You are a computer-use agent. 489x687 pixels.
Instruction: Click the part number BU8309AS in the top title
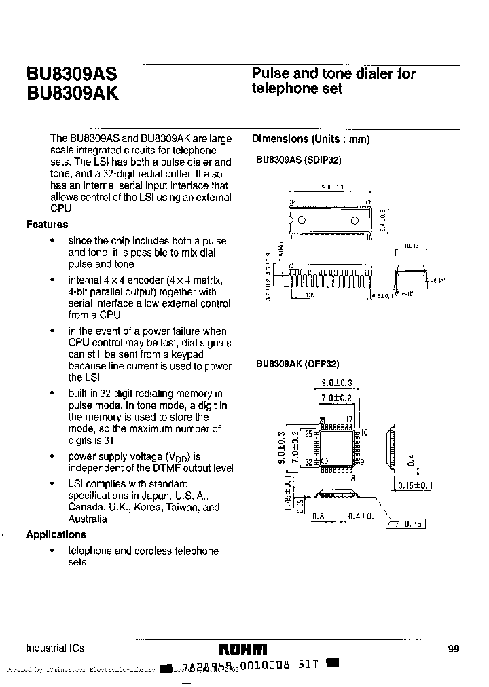click(71, 74)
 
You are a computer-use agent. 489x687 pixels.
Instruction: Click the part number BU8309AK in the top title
click(72, 93)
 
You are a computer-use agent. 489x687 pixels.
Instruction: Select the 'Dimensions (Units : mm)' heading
click(310, 139)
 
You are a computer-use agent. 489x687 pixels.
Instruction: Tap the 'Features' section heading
click(47, 225)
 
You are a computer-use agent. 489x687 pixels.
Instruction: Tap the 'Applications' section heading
click(56, 534)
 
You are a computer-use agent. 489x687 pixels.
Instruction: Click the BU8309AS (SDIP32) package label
click(298, 161)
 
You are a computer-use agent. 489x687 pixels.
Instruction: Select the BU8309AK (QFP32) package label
click(297, 365)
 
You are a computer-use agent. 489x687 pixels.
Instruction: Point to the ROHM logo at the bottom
click(242, 648)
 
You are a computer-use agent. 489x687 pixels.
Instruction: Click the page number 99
click(454, 649)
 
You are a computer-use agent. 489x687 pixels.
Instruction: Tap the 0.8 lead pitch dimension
click(316, 517)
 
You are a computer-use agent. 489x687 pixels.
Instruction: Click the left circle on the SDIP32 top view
click(302, 220)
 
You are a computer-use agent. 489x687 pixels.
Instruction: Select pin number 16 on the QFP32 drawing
click(364, 432)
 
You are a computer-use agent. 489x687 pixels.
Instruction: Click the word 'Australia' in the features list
click(88, 519)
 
